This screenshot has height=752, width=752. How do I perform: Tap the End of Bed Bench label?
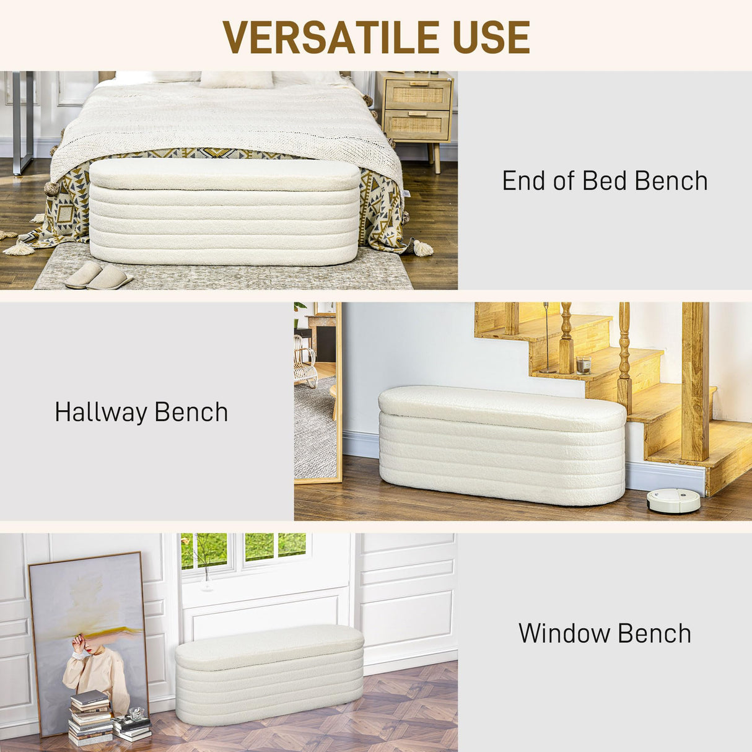tap(605, 181)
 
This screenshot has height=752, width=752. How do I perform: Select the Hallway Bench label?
tap(141, 413)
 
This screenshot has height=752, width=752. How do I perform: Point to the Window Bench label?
tap(605, 634)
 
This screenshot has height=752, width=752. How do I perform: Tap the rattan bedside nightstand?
tap(417, 111)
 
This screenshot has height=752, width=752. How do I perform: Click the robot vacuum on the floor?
tap(673, 501)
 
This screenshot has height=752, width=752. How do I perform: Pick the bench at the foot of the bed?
tap(224, 212)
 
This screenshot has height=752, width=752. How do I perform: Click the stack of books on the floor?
tap(90, 717)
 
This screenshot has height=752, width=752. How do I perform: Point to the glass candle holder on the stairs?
tap(584, 365)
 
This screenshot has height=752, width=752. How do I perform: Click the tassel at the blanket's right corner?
tap(423, 248)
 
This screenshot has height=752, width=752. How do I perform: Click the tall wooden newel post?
tap(695, 380)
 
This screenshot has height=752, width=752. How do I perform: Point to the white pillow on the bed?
tap(236, 79)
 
